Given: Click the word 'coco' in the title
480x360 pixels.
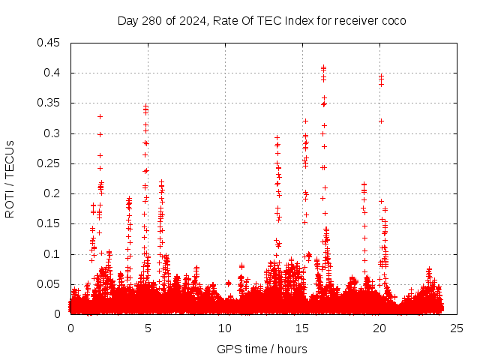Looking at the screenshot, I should (394, 20).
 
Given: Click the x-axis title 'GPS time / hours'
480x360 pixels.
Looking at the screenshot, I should (262, 349).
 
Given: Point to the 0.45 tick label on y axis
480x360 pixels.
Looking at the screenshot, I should (49, 43).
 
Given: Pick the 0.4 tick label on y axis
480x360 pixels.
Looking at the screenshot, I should (52, 73).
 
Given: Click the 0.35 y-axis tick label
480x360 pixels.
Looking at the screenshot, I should (49, 103).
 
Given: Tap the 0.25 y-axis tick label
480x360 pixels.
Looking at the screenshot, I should (49, 163).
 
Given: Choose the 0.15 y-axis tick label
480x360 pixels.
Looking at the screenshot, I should (49, 223).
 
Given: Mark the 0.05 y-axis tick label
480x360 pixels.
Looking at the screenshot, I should (49, 284).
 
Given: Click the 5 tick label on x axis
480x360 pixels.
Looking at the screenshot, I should (148, 328).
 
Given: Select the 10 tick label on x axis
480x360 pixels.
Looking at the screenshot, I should (225, 328).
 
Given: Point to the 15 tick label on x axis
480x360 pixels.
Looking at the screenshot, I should (302, 328).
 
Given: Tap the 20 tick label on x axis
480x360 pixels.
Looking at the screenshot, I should (379, 328).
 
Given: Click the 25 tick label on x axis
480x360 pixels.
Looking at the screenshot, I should (457, 328).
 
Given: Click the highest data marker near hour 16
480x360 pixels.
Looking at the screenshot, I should (323, 67).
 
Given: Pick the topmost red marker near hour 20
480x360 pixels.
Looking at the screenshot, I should (381, 75).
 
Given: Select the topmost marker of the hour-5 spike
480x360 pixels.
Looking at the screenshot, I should (145, 106).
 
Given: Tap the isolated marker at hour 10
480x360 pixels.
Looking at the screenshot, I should (228, 283).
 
